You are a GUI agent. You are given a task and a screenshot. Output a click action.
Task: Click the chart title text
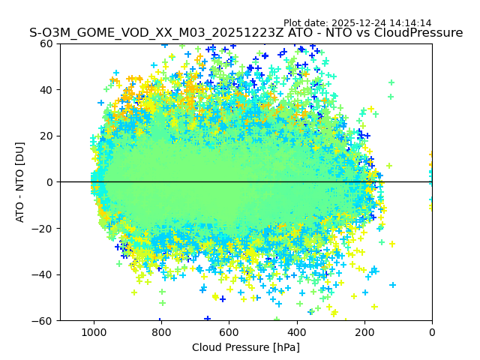246,33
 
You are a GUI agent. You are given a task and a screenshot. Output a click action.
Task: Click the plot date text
357,23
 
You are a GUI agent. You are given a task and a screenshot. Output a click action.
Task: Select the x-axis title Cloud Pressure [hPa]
246,347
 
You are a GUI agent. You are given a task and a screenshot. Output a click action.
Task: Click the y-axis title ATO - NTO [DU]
20,182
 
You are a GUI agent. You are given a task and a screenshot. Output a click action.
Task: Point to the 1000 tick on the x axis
94,331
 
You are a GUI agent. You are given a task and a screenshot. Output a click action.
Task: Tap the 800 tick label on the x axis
161,331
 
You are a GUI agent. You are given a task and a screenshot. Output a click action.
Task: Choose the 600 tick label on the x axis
229,331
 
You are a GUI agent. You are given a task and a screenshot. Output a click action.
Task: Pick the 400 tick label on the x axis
296,331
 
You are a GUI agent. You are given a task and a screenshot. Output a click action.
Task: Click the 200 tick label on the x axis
364,331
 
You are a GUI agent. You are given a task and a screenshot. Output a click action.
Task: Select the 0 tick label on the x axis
431,331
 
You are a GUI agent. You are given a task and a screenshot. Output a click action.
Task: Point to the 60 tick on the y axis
46,43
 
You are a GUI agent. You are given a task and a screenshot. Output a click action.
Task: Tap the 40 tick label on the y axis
46,90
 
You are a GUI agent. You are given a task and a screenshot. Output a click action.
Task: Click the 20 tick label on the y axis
46,136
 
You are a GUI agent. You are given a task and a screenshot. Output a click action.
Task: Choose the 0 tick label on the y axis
49,182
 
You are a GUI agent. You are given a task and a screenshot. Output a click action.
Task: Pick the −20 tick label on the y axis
43,228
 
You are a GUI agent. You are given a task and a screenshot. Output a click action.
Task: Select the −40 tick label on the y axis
43,274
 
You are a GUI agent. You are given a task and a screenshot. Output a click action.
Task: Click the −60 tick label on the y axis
43,320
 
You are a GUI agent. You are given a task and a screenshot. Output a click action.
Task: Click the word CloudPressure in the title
420,33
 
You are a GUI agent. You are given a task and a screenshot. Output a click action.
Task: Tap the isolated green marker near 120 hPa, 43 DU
391,82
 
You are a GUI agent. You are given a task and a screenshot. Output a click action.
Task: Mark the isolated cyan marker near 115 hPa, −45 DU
392,285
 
